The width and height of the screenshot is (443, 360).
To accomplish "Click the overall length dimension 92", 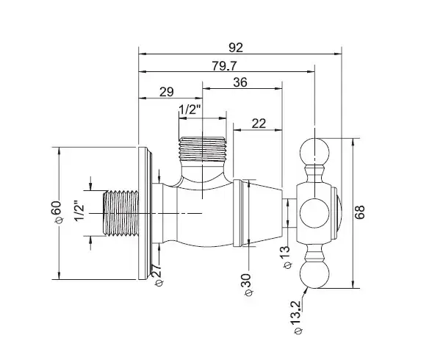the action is pos(236,48).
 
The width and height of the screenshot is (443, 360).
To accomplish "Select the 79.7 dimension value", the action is pos(224,66).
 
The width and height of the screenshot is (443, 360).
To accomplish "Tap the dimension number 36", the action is pos(240,82).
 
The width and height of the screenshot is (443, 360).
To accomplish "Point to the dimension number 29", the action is pos(167,92).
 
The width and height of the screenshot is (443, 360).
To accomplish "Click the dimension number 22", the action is pos(259,123).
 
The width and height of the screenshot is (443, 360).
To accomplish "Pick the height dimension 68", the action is pos(360,212).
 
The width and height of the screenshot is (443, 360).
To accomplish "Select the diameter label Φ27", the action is pos(157,275).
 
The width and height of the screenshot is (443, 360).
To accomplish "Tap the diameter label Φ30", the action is pos(246,284).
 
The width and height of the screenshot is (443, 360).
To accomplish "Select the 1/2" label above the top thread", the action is pos(190,109).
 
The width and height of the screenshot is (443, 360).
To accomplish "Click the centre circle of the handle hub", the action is pos(314,213).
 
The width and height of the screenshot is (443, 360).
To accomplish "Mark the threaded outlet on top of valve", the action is pos(203,149).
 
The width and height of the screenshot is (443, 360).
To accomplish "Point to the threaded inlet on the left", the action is pos(120,213).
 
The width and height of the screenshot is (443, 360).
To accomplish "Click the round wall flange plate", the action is pos(145,213).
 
